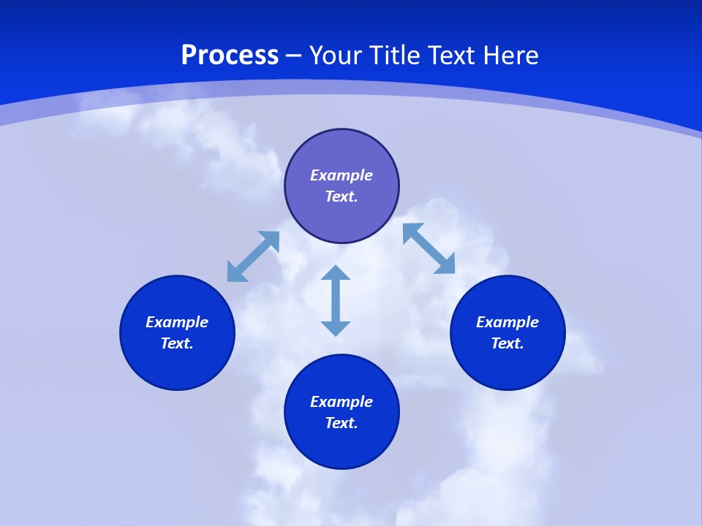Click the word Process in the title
[230, 56]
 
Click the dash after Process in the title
[294, 56]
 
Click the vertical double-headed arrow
[336, 300]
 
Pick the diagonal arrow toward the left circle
[253, 256]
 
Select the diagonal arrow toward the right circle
[429, 248]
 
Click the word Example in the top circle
[341, 175]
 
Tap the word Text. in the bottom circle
[341, 423]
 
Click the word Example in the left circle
[177, 322]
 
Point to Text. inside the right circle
[507, 343]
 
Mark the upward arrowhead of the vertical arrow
[336, 272]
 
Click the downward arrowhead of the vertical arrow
[336, 328]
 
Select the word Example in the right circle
[507, 322]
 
